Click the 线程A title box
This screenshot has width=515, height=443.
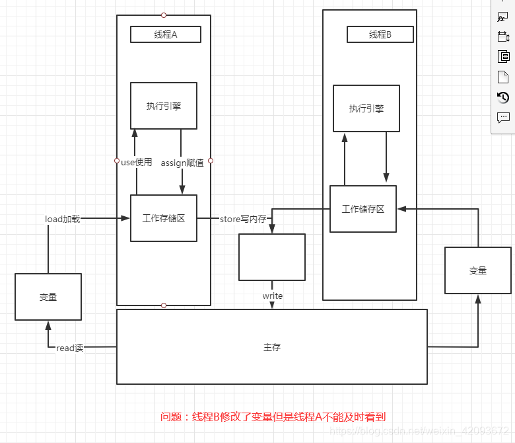(x=166, y=34)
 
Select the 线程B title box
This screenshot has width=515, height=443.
(x=380, y=34)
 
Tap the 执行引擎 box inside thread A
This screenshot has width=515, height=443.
(x=164, y=106)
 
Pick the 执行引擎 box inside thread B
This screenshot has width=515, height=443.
(x=366, y=108)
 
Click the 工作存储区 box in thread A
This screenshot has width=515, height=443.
(x=164, y=218)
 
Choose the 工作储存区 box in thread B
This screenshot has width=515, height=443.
(x=363, y=209)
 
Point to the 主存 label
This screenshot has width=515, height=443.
(x=272, y=346)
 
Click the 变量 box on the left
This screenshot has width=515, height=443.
(x=48, y=298)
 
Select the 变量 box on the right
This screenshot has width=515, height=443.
(x=477, y=270)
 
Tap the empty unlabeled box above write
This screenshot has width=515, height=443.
(x=272, y=257)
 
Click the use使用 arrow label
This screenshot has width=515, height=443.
(x=137, y=162)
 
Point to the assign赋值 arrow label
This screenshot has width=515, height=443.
(x=182, y=163)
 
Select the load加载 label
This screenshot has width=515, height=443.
(x=63, y=219)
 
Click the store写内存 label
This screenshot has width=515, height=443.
(x=243, y=219)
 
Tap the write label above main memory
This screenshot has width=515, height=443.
(x=272, y=296)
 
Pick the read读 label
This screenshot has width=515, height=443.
(x=70, y=348)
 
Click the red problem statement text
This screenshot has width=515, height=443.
(x=273, y=417)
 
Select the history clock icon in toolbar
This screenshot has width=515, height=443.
(x=503, y=98)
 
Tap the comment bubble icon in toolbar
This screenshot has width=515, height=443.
(x=503, y=118)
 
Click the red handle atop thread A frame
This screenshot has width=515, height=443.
(x=164, y=15)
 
